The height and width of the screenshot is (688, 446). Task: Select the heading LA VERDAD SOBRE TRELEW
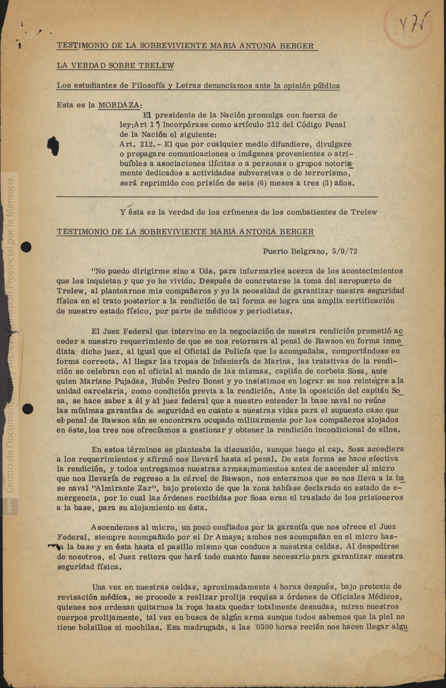[x=115, y=66]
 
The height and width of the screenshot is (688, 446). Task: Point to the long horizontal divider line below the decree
[x=217, y=196]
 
